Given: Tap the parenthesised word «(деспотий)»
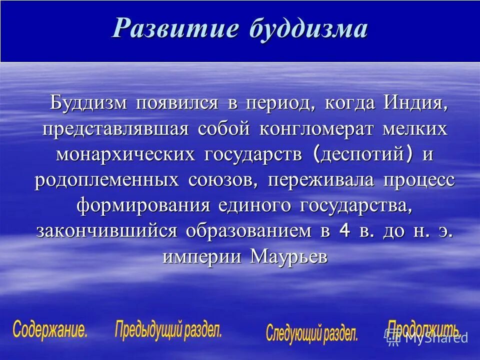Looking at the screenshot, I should tap(363, 155).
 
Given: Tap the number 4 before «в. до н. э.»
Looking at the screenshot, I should tap(343, 231).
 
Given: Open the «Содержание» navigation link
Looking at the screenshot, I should tap(50, 330).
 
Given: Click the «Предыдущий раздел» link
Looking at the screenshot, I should tap(168, 330).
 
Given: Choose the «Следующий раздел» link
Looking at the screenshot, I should tap(312, 333).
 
